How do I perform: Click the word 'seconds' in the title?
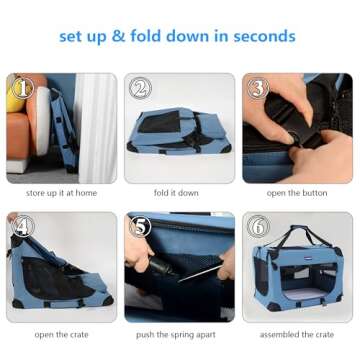pos(264,36)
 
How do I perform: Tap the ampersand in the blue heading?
pos(118,36)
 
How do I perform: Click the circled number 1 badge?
pos(22,88)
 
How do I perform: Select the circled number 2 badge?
pos(140,88)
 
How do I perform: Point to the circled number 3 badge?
pos(258,88)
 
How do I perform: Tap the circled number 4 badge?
pos(23,226)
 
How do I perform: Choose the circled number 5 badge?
pos(140,226)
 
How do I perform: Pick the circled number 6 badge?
pos(258,226)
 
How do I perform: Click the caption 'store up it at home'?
pos(61,193)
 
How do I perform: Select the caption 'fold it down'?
pos(176,193)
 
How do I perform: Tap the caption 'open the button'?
pos(297,193)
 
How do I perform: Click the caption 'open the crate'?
pos(61,334)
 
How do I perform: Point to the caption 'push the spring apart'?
pos(176,335)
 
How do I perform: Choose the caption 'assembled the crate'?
pos(297,334)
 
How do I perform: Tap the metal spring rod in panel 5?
pos(200,273)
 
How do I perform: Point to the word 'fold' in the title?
pos(146,36)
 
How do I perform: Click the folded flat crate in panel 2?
pos(179,131)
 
